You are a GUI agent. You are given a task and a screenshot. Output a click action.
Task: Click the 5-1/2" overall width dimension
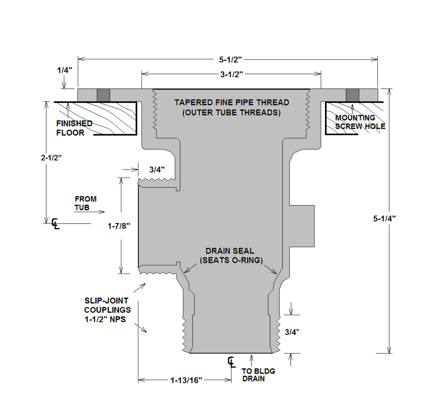(230, 59)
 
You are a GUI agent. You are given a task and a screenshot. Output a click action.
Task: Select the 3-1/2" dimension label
(232, 74)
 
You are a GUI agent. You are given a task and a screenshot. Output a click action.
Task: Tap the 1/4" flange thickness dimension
(65, 70)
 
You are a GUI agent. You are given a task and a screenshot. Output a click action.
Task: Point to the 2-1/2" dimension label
(51, 157)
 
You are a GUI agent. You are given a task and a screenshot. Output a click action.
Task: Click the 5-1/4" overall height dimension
(384, 218)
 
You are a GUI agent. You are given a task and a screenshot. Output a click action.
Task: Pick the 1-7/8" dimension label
(119, 226)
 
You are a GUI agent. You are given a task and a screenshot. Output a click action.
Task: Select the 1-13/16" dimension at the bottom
(186, 380)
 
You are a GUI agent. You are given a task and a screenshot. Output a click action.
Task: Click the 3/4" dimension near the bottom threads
(292, 332)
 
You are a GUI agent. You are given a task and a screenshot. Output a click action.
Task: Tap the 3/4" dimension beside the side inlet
(157, 170)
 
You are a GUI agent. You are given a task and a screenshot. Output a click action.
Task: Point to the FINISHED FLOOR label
(74, 128)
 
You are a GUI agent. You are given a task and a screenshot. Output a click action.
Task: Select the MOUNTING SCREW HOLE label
(360, 122)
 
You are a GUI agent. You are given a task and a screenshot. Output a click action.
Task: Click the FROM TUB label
(85, 203)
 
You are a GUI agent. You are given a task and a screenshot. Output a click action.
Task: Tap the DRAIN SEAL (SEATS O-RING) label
(231, 256)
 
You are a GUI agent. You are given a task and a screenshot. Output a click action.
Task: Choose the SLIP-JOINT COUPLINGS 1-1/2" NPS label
(107, 310)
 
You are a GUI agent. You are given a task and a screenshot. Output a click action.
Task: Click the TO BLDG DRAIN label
(258, 375)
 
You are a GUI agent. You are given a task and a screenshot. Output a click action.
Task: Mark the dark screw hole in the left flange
(103, 95)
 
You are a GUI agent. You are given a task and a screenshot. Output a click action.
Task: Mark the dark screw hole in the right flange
(352, 95)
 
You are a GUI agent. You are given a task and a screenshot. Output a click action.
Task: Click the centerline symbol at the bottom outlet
(231, 362)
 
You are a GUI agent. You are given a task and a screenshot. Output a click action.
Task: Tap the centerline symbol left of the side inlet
(55, 223)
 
